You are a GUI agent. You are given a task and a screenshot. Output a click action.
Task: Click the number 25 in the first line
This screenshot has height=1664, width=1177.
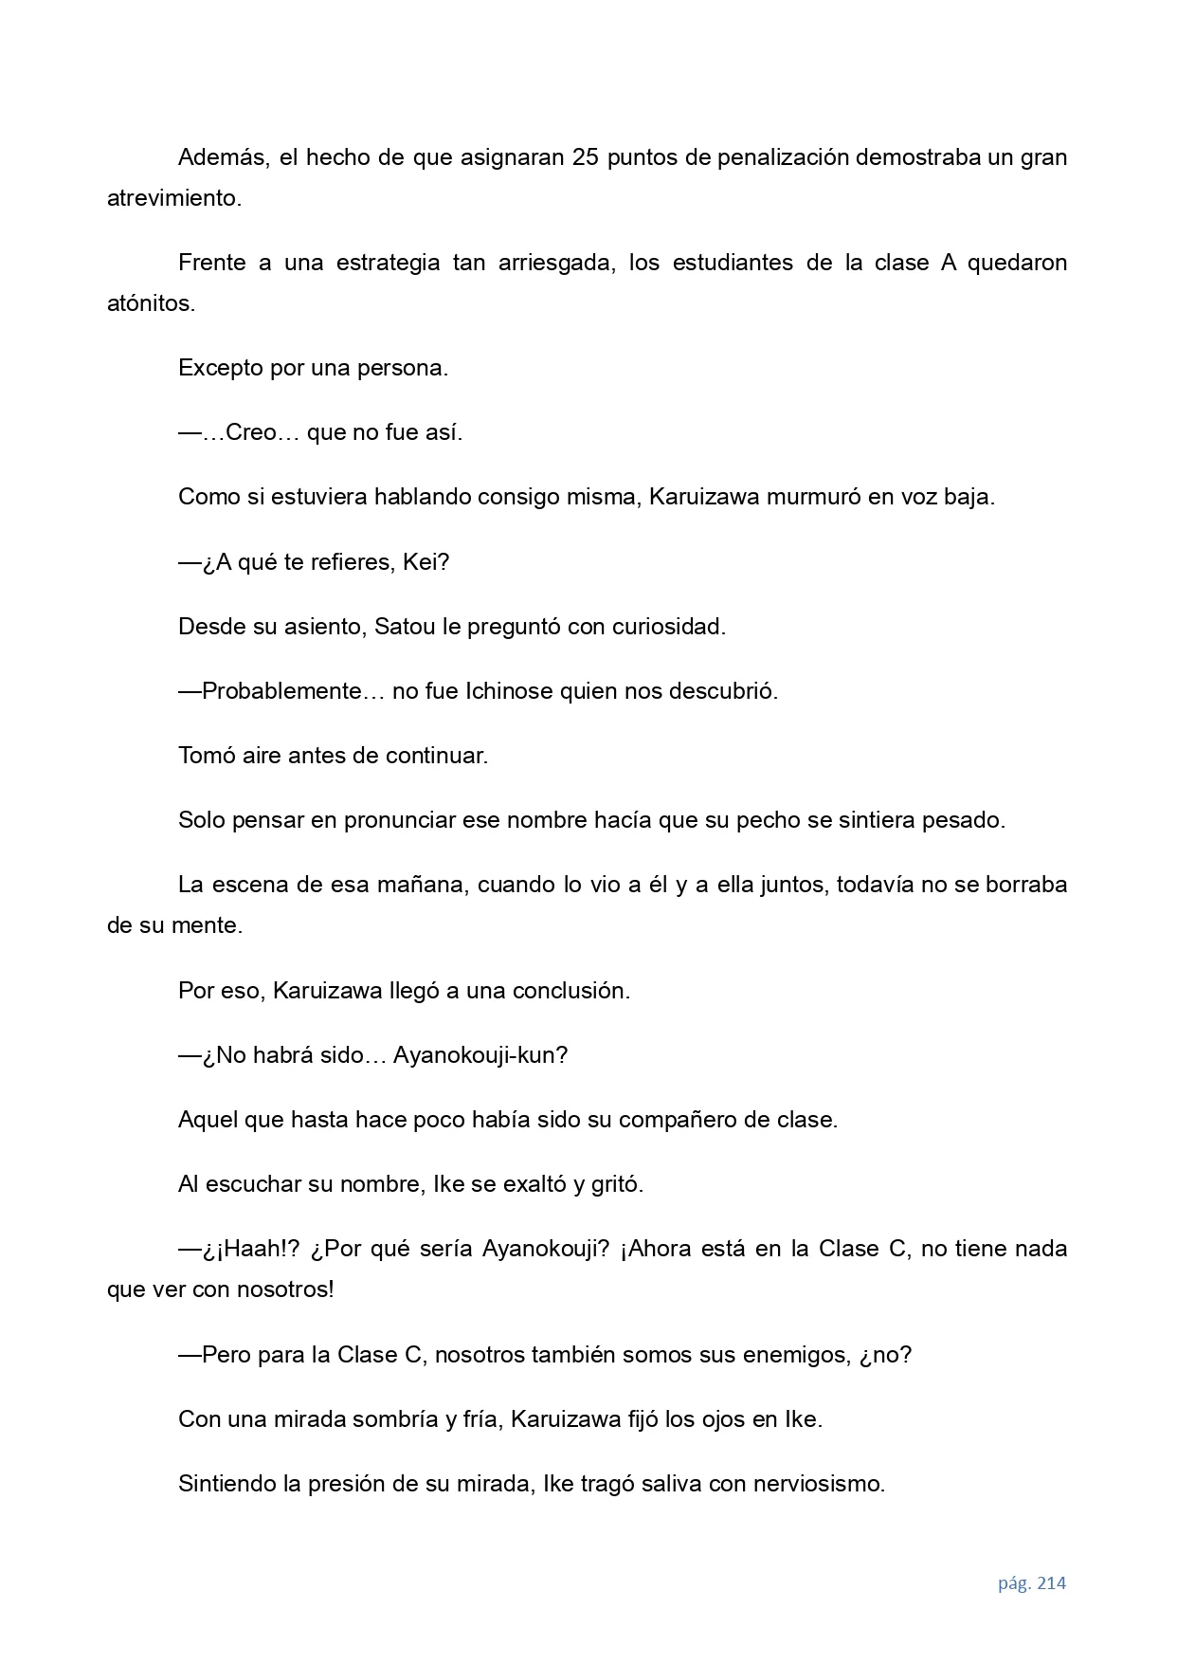coord(585,157)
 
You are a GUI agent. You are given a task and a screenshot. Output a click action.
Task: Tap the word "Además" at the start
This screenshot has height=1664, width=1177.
coord(224,157)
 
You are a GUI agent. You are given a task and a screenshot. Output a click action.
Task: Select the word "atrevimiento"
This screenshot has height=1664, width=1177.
coord(172,199)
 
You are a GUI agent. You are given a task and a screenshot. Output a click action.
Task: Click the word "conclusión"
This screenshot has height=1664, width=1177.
coord(570,992)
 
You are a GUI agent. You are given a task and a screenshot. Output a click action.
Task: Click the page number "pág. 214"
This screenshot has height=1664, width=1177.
coord(1031,1583)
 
